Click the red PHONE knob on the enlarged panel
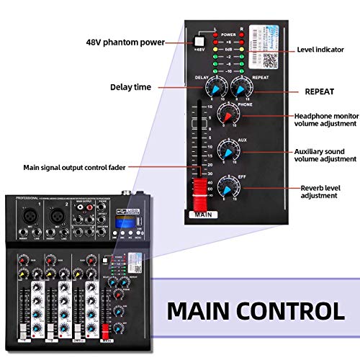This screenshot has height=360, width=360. pos(229,115)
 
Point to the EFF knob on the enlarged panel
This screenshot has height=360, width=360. pos(230,189)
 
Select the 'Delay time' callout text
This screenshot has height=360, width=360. pos(130,87)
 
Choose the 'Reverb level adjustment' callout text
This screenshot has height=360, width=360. pos(325,192)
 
